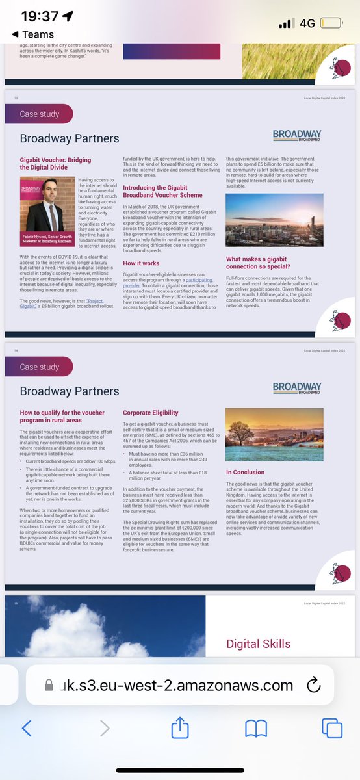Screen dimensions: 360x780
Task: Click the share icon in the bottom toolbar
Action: [180, 727]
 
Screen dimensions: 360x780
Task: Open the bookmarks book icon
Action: [255, 727]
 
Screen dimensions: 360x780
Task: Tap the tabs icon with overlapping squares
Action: [331, 727]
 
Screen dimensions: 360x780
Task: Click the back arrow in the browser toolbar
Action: [27, 727]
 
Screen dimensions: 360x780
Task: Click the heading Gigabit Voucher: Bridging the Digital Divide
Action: [55, 163]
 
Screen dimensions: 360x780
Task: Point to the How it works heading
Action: [142, 263]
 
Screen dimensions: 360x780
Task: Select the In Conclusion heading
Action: [245, 472]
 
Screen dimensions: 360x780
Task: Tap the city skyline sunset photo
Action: [274, 220]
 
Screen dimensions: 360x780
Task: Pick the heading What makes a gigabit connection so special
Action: [267, 263]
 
